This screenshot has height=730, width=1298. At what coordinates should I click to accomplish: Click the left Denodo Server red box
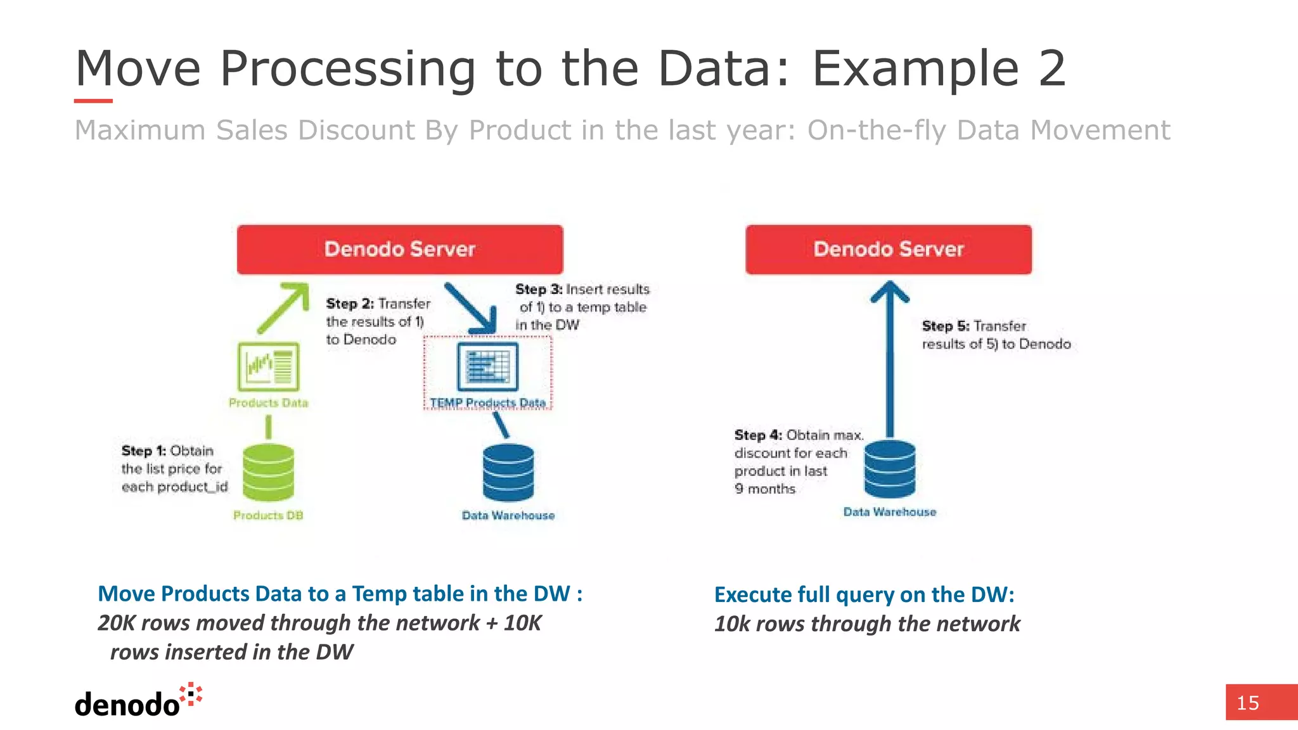coord(399,249)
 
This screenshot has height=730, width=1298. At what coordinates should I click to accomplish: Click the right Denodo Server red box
coord(888,249)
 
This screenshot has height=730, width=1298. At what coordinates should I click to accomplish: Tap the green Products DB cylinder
coord(268,473)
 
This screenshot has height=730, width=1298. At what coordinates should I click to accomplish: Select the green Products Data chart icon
coord(268,366)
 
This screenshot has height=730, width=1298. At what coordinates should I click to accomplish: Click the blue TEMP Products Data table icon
coord(487,366)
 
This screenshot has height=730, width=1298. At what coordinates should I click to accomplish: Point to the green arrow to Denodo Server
coord(283,307)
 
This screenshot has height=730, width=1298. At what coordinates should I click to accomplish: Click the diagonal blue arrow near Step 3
coord(472,309)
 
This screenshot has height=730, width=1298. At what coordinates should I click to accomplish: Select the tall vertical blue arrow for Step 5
coord(889,361)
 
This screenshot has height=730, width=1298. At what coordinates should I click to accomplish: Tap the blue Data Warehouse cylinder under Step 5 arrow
coord(889,470)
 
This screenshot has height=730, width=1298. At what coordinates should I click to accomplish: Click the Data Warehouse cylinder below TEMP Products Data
coord(508,473)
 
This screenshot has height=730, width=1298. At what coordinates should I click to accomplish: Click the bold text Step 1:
coord(143,451)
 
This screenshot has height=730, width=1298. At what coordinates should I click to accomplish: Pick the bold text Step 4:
coord(758,435)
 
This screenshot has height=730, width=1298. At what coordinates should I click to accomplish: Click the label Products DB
coord(268,515)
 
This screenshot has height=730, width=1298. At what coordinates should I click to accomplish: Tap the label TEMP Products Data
coord(487,402)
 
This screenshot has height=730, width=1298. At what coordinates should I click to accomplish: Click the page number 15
coord(1247,703)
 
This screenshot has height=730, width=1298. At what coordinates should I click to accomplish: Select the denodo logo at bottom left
coord(137,701)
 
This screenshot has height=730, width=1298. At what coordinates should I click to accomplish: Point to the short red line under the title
coord(93,101)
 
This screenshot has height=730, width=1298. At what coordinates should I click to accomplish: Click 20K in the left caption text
coord(117,623)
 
